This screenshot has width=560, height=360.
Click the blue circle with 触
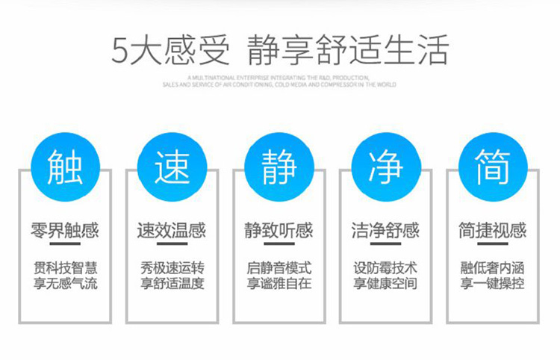[x=66, y=167]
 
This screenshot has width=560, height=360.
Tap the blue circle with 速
[x=172, y=167]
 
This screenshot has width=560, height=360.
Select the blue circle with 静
[x=279, y=167]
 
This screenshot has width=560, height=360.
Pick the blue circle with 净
[x=386, y=167]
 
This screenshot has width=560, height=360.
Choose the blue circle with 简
[x=493, y=167]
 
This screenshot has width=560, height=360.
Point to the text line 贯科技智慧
[x=66, y=267]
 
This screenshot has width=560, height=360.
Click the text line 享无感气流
[x=66, y=284]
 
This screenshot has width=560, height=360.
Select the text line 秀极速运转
[x=172, y=267]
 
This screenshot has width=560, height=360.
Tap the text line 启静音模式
[x=279, y=267]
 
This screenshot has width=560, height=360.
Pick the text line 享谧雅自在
[x=279, y=284]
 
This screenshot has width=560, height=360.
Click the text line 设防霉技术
[x=386, y=267]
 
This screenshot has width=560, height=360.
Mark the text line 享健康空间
[x=386, y=284]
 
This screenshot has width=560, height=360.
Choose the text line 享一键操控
[x=493, y=284]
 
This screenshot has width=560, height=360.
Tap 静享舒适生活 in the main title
[x=347, y=50]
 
